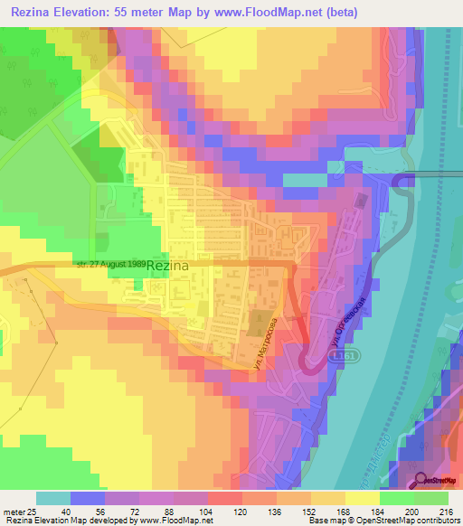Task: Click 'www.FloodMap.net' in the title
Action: pos(269,12)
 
